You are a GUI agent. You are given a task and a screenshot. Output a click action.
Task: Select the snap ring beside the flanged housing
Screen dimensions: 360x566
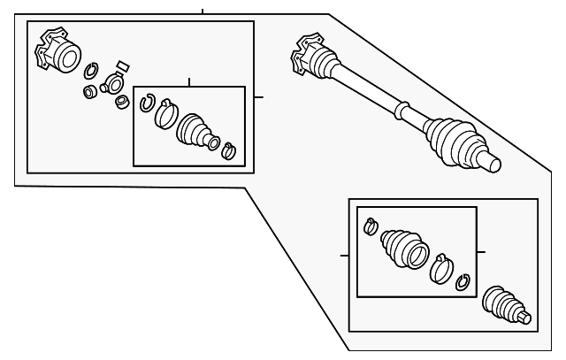(x=91, y=72)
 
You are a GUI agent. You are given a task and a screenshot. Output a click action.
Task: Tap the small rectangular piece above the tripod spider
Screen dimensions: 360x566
(x=122, y=65)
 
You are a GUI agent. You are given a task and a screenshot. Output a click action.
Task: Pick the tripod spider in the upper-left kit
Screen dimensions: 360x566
(x=113, y=83)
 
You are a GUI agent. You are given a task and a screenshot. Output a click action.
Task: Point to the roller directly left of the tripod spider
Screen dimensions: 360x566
(x=89, y=91)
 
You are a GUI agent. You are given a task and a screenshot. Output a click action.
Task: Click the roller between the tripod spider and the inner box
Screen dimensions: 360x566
(x=122, y=101)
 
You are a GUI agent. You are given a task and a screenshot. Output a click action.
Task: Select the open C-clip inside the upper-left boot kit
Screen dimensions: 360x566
(x=148, y=103)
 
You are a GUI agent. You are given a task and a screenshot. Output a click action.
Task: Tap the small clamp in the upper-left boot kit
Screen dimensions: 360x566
(x=228, y=150)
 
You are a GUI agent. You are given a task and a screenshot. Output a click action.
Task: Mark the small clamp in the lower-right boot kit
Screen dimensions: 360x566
(x=371, y=226)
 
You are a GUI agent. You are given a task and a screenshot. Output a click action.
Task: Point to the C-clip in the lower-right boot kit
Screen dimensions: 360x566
(x=461, y=282)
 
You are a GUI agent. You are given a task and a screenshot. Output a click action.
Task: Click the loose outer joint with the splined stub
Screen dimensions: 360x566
(x=504, y=306)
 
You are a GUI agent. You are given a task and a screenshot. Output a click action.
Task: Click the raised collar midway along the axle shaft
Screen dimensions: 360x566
(x=400, y=111)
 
